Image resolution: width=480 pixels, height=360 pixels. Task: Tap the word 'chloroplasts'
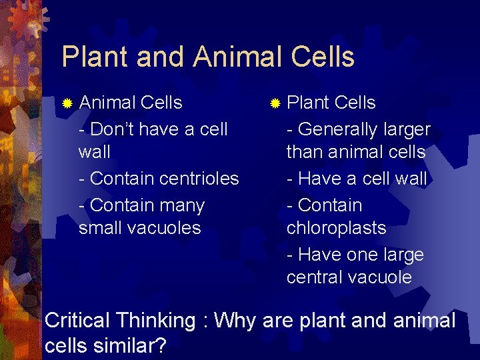coord(336,228)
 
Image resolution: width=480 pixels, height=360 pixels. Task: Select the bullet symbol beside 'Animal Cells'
coord(67,103)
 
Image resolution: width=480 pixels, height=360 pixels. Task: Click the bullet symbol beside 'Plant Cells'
coord(275,103)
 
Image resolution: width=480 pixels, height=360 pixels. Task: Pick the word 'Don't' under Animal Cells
coord(113,129)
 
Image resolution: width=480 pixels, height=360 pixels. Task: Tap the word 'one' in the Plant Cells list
coord(359,255)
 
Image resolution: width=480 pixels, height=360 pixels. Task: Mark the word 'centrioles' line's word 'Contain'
coord(121,179)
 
